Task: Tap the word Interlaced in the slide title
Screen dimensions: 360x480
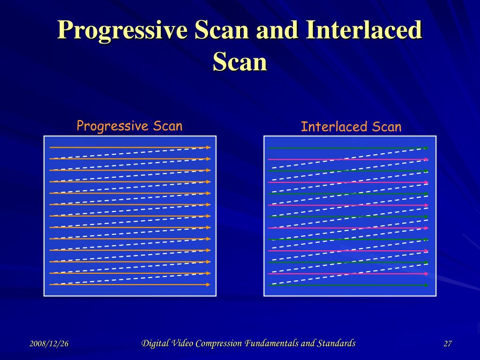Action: [x=364, y=30]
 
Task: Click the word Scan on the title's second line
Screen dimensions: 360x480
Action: [x=240, y=62]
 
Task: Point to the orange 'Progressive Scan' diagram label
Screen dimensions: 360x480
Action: [x=129, y=126]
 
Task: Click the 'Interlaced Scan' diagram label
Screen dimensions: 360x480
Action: [x=351, y=127]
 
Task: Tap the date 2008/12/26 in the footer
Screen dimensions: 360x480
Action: [x=49, y=344]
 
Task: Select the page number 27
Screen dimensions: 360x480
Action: [x=448, y=344]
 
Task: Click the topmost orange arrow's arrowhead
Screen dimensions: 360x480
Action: [x=208, y=147]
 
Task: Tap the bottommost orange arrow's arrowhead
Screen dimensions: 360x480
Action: [x=208, y=285]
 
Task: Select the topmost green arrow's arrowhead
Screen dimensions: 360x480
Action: [x=426, y=148]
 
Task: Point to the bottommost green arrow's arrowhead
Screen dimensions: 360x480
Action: [x=426, y=285]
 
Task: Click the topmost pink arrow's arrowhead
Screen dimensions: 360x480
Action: [x=426, y=159]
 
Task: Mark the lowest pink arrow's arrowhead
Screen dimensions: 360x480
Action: [x=426, y=274]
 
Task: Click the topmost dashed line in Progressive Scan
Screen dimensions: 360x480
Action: [x=129, y=153]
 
